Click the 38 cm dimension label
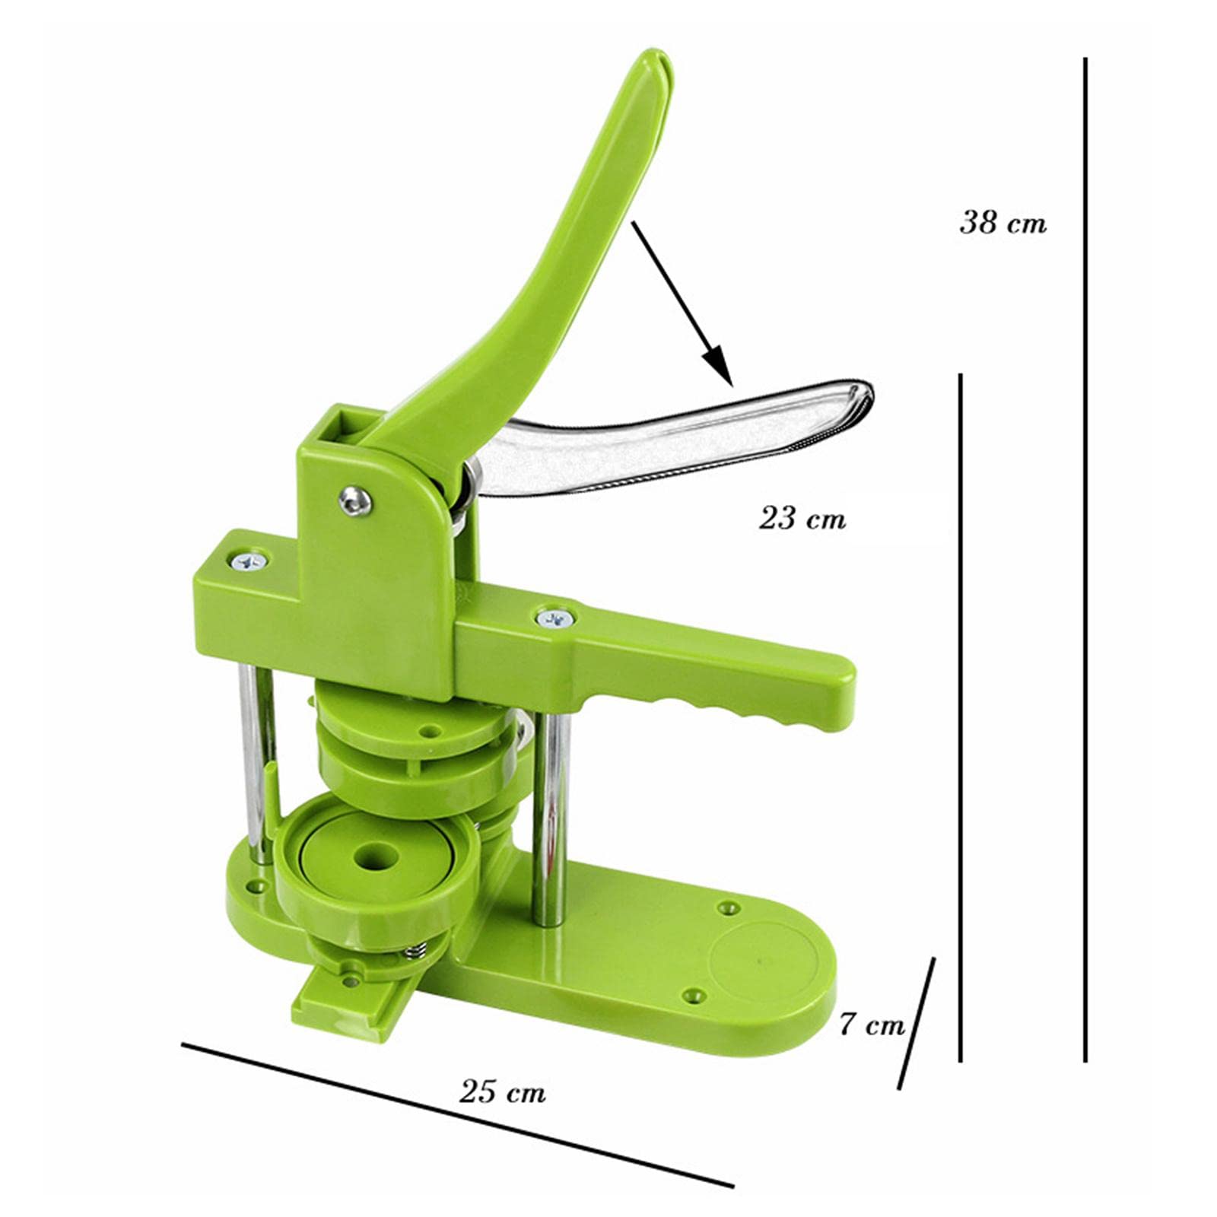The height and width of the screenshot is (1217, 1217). click(x=1003, y=223)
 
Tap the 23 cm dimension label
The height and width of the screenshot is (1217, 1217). click(x=802, y=519)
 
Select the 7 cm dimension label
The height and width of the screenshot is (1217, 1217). click(x=872, y=1025)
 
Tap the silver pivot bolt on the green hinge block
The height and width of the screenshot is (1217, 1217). click(x=355, y=500)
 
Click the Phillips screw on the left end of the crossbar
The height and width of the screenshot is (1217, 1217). click(x=250, y=562)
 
